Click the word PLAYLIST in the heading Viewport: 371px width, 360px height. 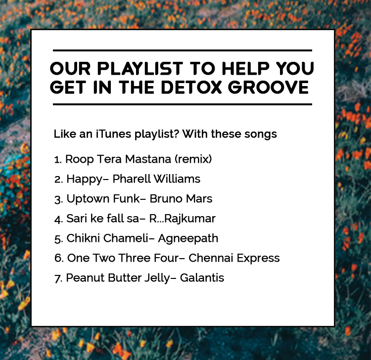coord(140,69)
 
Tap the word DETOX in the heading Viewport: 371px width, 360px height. coord(191,87)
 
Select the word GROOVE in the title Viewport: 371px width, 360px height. coord(268,87)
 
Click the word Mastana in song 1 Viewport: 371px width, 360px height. coord(148,159)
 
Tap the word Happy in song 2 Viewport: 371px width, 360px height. coord(84,180)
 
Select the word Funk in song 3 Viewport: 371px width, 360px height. coord(127,199)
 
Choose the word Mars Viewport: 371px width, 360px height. coord(199,199)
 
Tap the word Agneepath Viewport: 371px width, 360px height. coord(188,239)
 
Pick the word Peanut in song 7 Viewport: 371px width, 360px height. coord(85,278)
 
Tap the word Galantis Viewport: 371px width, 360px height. coord(202,278)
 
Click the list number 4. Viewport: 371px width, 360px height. coord(57,219)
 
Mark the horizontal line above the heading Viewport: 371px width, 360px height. coord(183,50)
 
